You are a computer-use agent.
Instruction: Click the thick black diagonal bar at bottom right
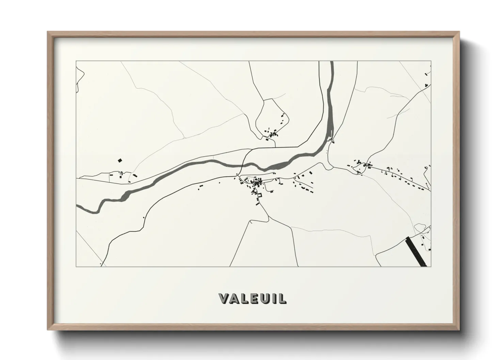415,251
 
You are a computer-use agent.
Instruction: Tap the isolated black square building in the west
120,160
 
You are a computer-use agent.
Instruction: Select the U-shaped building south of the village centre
259,195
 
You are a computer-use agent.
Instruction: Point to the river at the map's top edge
331,63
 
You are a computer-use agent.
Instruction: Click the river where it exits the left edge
78,207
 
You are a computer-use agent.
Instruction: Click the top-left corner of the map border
76,61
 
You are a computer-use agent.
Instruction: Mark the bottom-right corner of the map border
431,266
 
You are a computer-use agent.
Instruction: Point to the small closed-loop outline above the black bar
420,227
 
